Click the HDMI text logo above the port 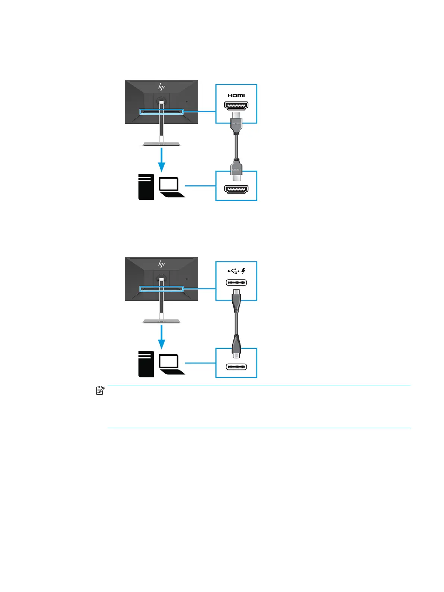click(x=236, y=96)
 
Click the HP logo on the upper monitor click(x=161, y=87)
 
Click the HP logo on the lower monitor click(x=161, y=265)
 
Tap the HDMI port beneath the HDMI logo click(x=236, y=105)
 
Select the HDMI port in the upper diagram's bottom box click(x=236, y=189)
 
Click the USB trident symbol click(x=233, y=271)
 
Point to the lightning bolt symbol click(x=243, y=271)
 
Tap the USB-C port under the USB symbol click(x=236, y=283)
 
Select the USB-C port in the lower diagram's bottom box click(x=236, y=367)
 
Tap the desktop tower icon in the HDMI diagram click(x=146, y=187)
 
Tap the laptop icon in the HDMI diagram click(x=171, y=187)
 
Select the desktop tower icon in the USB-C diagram click(x=146, y=364)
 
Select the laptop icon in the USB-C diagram click(x=171, y=364)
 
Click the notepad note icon click(x=100, y=391)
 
